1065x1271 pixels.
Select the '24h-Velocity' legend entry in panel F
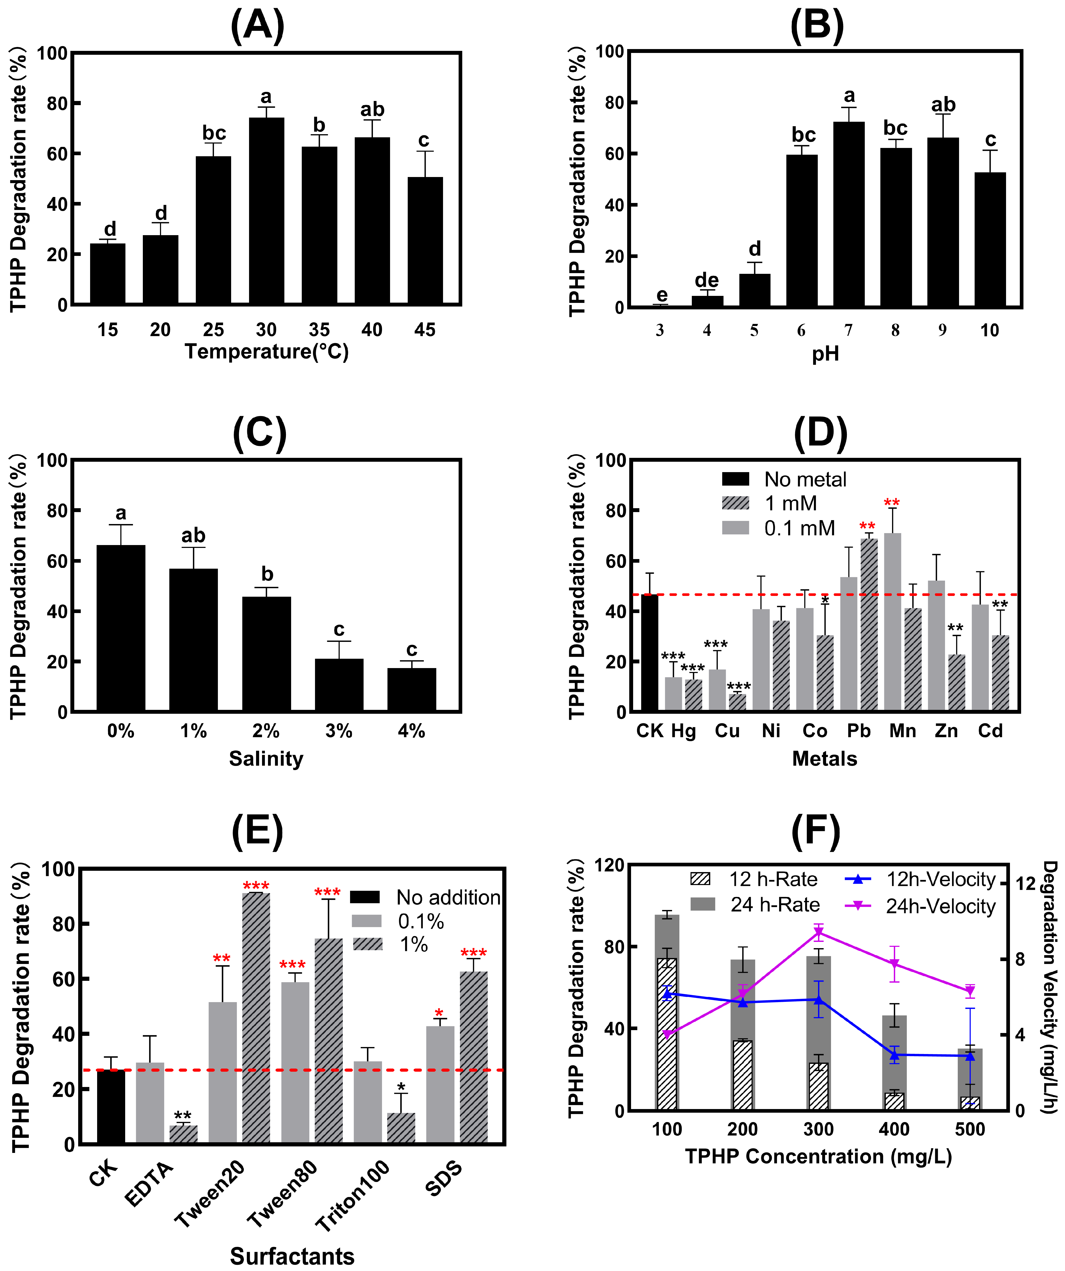[x=920, y=906]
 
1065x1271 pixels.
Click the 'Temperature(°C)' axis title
[x=266, y=351]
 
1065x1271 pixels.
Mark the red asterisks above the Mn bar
[x=892, y=503]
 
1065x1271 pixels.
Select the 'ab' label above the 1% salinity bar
[x=194, y=536]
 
